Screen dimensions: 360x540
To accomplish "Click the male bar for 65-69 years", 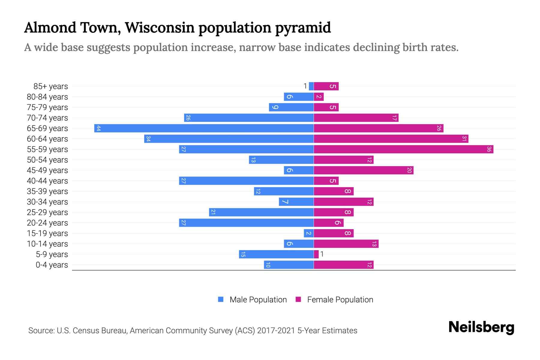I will coord(204,128).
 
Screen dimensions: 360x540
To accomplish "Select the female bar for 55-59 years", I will coord(403,149).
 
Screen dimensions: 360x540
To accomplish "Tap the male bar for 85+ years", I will coord(311,86).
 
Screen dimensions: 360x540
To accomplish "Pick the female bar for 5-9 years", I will coord(316,254).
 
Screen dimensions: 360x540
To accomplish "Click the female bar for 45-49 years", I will coord(364,170).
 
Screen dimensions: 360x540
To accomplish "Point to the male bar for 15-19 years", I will coord(309,233).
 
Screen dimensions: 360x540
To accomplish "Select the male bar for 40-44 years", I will coord(246,181).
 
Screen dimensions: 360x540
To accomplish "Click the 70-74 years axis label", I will coord(47,118).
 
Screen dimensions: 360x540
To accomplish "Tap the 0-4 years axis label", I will coord(52,265).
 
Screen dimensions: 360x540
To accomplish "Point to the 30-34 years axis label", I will coord(47,202).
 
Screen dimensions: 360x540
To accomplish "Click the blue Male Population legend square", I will coord(221,299).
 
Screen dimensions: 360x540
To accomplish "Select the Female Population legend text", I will coord(340,300).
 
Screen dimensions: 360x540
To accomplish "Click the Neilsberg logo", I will coord(481,327).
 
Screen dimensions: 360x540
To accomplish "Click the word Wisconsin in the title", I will coord(160,28).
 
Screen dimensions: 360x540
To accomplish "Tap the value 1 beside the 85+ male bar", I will coord(305,86).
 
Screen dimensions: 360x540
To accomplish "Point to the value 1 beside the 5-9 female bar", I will coord(322,254).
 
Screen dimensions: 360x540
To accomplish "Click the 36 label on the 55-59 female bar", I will coord(489,149).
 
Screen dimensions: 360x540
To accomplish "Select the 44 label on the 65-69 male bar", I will coord(98,128).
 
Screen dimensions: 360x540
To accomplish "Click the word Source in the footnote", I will coord(41,331).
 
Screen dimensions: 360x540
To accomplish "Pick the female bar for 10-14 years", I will coord(346,244).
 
